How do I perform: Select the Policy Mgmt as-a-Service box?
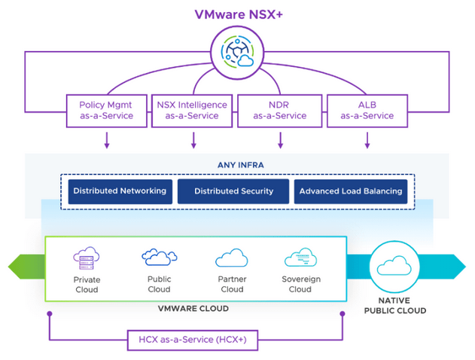pyautogui.click(x=106, y=110)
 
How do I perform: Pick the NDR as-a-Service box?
pyautogui.click(x=281, y=110)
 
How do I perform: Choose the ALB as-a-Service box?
pyautogui.click(x=367, y=110)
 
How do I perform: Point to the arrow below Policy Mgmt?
pyautogui.click(x=107, y=140)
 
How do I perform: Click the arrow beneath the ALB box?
pyautogui.click(x=367, y=140)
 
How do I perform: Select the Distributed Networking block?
pyautogui.click(x=120, y=191)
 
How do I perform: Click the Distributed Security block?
pyautogui.click(x=233, y=191)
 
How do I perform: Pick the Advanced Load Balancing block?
pyautogui.click(x=351, y=191)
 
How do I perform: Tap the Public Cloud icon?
pyautogui.click(x=160, y=258)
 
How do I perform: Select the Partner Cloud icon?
pyautogui.click(x=231, y=259)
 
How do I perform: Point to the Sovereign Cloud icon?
pyautogui.click(x=300, y=259)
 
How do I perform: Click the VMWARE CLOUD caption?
pyautogui.click(x=196, y=309)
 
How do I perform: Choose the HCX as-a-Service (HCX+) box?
pyautogui.click(x=196, y=340)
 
